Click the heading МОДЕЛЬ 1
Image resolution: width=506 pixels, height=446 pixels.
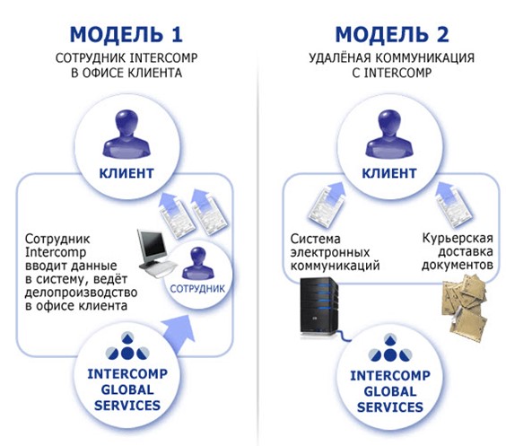pyautogui.click(x=126, y=34)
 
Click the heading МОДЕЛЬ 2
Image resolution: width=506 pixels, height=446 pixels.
pyautogui.click(x=392, y=34)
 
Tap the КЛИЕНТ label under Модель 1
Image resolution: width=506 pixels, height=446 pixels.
pyautogui.click(x=126, y=173)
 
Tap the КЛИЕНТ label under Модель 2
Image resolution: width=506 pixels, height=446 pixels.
pyautogui.click(x=388, y=173)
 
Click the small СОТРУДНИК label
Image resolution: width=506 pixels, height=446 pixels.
pyautogui.click(x=197, y=289)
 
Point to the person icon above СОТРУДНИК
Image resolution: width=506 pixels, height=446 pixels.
pyautogui.click(x=198, y=264)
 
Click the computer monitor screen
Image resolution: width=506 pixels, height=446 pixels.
pyautogui.click(x=153, y=247)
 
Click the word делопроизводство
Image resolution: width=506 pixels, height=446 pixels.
pyautogui.click(x=81, y=293)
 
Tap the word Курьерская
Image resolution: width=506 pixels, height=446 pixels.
pyautogui.click(x=458, y=238)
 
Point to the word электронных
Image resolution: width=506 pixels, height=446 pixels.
pyautogui.click(x=330, y=252)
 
